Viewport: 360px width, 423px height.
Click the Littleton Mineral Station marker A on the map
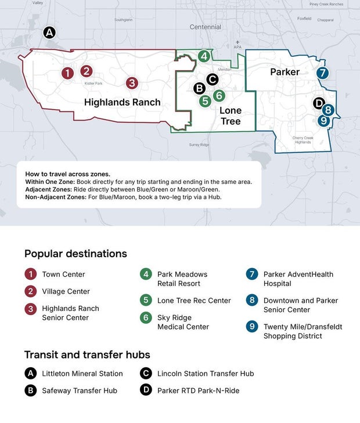pos(50,32)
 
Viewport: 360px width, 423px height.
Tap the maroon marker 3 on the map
pos(132,83)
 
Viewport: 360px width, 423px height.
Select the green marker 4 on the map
pos(204,56)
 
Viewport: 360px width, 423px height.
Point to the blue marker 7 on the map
pos(323,73)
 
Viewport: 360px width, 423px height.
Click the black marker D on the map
pos(319,103)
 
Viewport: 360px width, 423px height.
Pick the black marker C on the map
pos(213,79)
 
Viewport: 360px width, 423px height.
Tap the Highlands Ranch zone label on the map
pos(122,102)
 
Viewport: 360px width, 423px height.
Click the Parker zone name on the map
pos(285,72)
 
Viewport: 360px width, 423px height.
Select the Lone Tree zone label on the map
pos(231,116)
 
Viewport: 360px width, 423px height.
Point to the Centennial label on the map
pos(206,27)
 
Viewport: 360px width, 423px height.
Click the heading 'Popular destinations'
pos(75,254)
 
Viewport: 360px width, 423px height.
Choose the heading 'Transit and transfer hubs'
pos(87,355)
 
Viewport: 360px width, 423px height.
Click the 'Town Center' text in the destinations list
pos(63,274)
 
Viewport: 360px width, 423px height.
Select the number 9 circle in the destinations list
pos(251,327)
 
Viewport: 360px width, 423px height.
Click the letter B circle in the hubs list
pos(30,391)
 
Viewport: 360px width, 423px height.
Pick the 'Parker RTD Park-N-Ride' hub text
pos(198,391)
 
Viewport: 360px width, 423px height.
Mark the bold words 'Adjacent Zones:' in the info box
pos(49,190)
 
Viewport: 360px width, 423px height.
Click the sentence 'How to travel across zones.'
pos(67,174)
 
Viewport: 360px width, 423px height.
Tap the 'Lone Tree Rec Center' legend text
pos(194,301)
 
